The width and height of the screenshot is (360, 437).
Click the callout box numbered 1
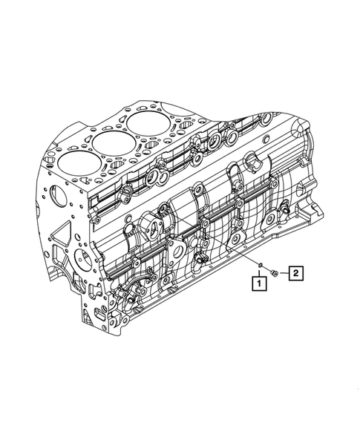coord(259,283)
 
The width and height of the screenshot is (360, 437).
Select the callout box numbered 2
coord(296,273)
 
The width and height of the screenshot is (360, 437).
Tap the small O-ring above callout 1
coord(260,264)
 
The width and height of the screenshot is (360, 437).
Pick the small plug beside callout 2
coord(274,273)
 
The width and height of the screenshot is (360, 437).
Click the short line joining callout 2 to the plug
coord(284,274)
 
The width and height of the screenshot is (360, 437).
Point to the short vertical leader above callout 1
coord(260,272)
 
